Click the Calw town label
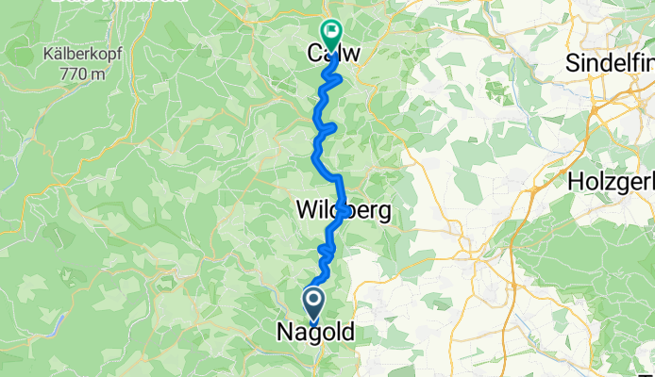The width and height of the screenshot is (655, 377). coord(332,56)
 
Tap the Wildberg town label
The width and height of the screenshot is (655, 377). coord(344,210)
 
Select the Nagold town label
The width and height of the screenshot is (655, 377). coord(315,333)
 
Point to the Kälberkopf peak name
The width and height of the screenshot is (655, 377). coord(79,53)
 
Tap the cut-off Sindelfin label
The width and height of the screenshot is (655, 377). coord(610,62)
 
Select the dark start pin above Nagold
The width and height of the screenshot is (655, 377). coord(314,303)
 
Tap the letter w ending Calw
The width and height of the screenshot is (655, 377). coord(351,56)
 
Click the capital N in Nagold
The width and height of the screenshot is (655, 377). coord(285,333)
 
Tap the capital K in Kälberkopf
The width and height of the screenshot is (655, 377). coord(47,53)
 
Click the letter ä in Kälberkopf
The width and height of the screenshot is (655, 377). coord(57,53)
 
